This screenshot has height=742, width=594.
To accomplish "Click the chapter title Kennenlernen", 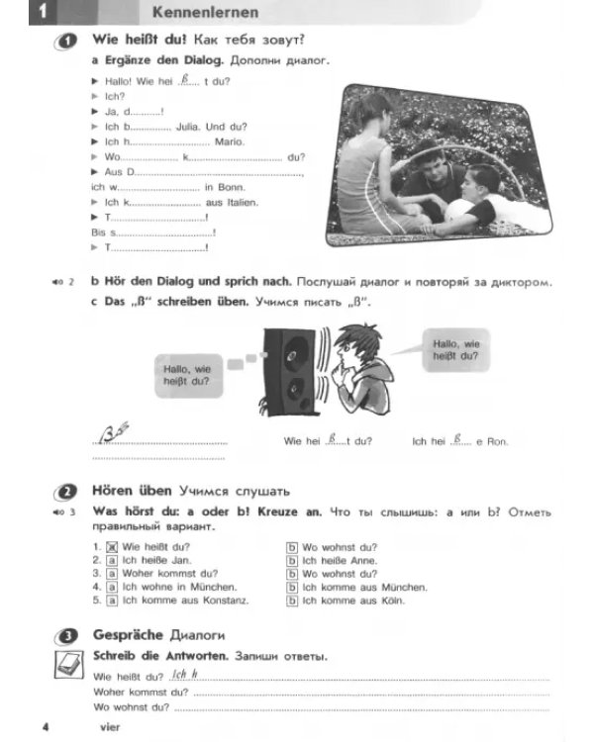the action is coord(205,12).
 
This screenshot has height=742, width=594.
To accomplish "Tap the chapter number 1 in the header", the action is coord(43,11).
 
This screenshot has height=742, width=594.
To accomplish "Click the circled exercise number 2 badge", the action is coord(65,493).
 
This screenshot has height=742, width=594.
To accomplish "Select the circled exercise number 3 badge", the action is coord(65,636).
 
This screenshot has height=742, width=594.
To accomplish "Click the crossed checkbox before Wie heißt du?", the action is coord(112,547).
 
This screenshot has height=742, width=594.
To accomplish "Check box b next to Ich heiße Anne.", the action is coord(292,561).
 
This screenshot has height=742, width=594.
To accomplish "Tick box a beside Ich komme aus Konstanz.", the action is coord(112,601).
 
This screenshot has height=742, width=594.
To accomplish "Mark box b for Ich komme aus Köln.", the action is coord(292,601).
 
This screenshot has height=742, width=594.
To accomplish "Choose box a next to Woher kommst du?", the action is coord(112,574).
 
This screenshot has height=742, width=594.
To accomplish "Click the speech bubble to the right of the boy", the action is coord(454,350).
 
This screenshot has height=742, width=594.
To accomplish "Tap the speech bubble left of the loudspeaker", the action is coord(189,376).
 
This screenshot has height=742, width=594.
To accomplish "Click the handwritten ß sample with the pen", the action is coord(113,432).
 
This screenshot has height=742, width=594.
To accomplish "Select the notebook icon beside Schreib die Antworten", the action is coord(69,665).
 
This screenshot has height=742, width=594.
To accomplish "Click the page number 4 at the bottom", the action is coord(46,726).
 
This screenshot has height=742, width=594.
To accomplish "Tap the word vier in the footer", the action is coord(110,727).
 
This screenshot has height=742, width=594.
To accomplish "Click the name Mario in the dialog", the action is coord(230,141).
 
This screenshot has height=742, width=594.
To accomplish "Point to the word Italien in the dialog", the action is coord(243,203).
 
